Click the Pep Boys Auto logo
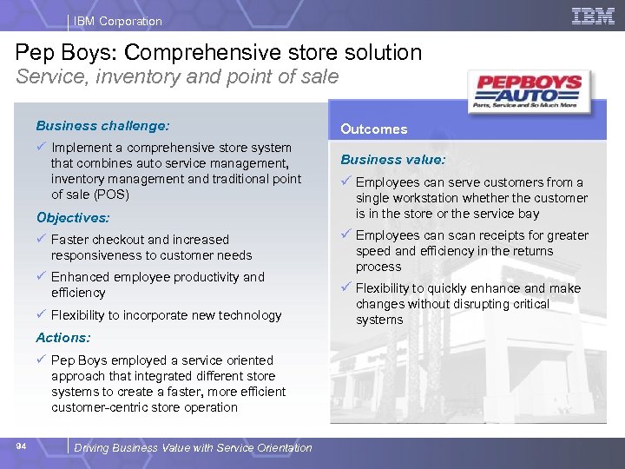point(529,91)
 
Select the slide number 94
point(22,446)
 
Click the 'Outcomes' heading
point(373,129)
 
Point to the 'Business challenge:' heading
point(102,126)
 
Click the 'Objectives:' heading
point(73,218)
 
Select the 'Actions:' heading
point(62,337)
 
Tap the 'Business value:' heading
point(392,160)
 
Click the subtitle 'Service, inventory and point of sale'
point(178,77)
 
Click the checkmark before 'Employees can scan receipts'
point(345,234)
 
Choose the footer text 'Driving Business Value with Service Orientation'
point(193,448)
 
